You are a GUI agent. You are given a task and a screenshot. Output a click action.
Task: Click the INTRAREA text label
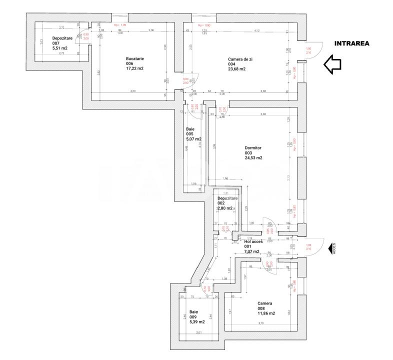click(352, 43)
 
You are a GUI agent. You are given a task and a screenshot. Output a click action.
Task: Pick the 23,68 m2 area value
click(237, 69)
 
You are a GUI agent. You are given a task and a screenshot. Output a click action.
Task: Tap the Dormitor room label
click(254, 148)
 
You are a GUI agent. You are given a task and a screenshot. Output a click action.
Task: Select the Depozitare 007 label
click(62, 38)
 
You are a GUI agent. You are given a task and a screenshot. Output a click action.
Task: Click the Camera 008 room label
click(264, 303)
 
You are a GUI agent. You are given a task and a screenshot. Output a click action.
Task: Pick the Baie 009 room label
click(194, 311)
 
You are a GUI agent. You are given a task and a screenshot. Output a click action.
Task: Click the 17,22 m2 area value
click(135, 68)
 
